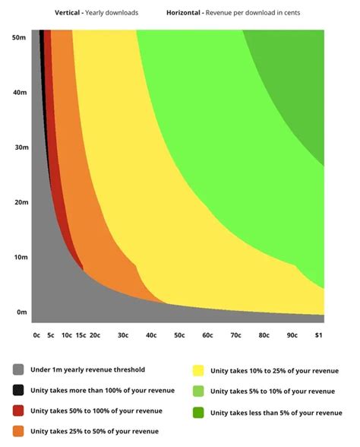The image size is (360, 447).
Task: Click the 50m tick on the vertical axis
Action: (x=21, y=37)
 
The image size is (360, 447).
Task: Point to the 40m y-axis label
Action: (x=21, y=93)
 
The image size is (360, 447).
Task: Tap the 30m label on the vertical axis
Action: (x=21, y=147)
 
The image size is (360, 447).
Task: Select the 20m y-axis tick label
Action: (x=21, y=202)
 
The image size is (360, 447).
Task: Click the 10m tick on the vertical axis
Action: (x=21, y=257)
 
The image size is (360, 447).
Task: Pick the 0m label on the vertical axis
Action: (x=22, y=312)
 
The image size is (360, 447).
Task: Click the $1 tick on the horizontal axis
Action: (x=319, y=334)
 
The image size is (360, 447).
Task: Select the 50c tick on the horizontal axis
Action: (x=179, y=334)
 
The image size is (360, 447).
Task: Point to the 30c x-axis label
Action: (x=123, y=334)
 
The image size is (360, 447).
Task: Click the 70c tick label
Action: (x=235, y=334)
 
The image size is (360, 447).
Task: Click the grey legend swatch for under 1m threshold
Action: (x=18, y=369)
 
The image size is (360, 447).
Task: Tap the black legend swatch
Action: (x=18, y=390)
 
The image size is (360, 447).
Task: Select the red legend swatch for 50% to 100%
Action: (x=18, y=411)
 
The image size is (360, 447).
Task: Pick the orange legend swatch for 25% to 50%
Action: (x=18, y=431)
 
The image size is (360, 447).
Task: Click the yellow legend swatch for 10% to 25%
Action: (x=198, y=370)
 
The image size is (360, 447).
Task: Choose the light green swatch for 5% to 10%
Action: (x=198, y=391)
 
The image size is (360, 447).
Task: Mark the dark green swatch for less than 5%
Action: (x=198, y=412)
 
